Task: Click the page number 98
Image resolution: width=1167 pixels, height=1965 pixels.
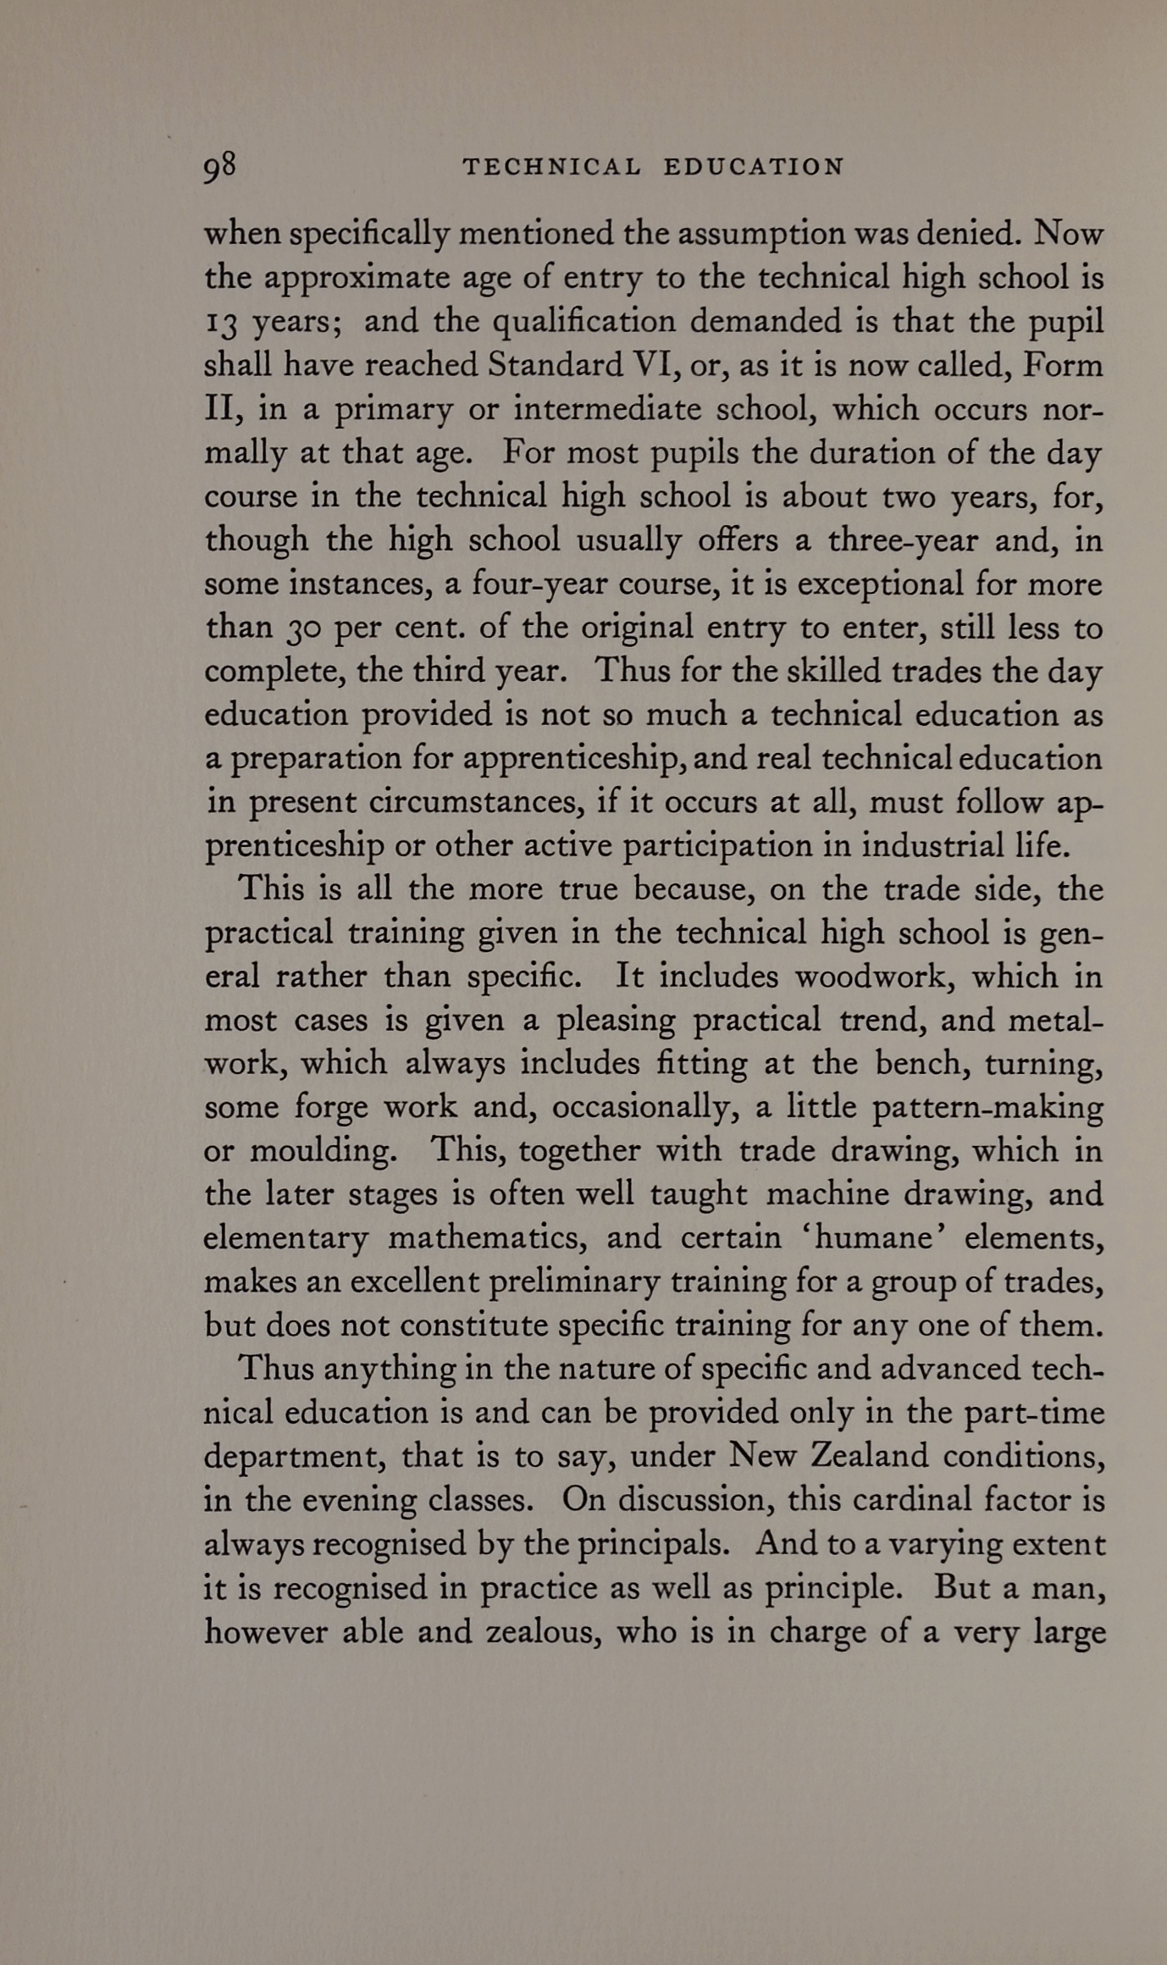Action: (x=219, y=166)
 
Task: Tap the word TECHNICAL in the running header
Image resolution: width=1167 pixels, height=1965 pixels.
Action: (x=551, y=167)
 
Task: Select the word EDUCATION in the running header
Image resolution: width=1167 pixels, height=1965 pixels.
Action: (x=754, y=167)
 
